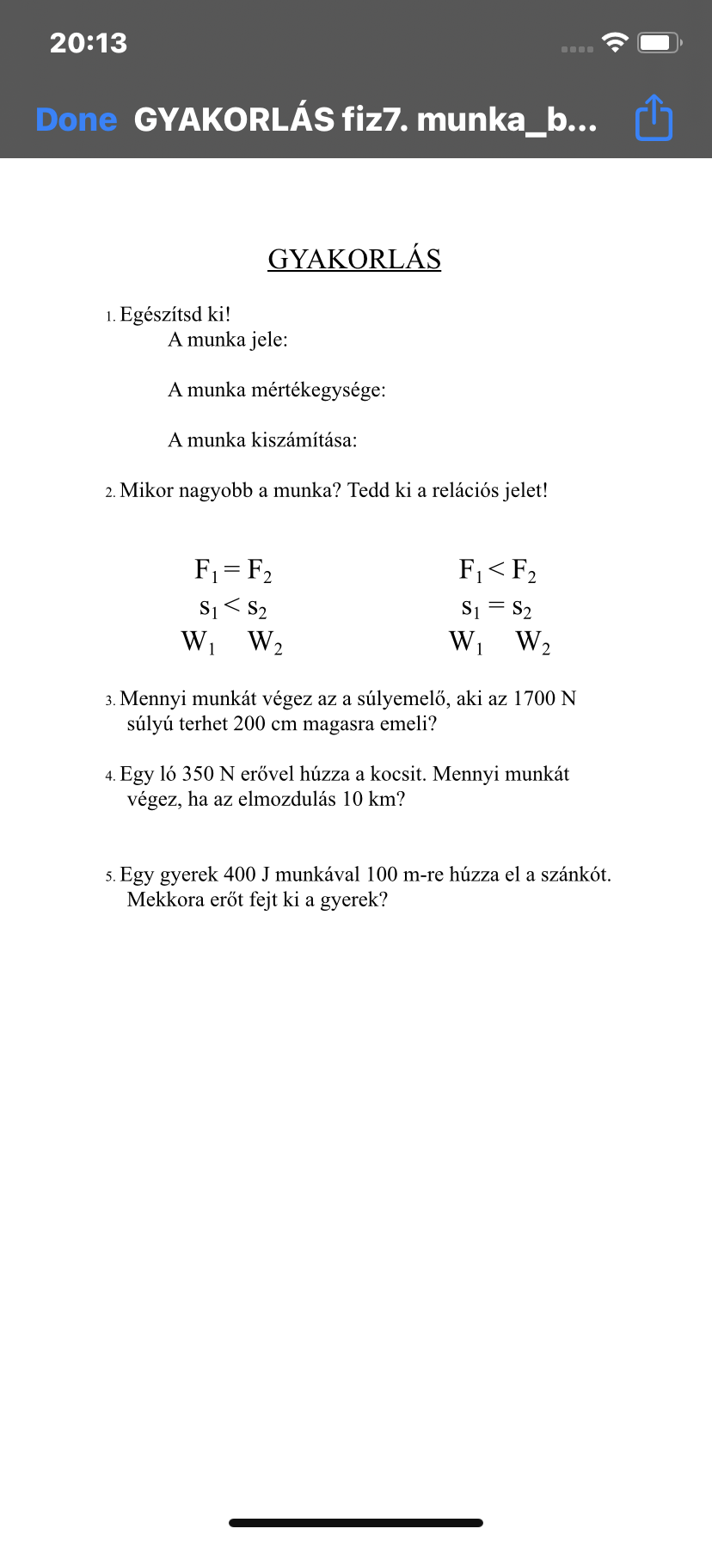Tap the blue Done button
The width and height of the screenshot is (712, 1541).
coord(76,120)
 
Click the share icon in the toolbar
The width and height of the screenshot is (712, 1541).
coord(654,118)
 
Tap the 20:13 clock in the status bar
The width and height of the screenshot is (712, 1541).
coord(89,43)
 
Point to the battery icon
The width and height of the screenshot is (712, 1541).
coord(659,43)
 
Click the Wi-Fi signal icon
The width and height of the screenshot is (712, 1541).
coord(615,42)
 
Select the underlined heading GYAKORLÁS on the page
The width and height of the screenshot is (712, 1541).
coord(354,259)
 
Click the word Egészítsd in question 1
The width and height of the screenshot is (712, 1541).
coord(161,315)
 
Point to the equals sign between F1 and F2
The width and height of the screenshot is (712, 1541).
coord(231,569)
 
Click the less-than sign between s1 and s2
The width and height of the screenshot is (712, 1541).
coord(232,606)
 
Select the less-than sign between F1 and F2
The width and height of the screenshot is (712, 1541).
coord(496,569)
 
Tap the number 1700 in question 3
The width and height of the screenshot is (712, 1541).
coord(533,698)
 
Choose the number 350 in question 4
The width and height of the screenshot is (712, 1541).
coord(198,774)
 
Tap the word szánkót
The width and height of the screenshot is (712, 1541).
coord(575,875)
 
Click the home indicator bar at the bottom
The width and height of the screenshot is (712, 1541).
coord(356,1523)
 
